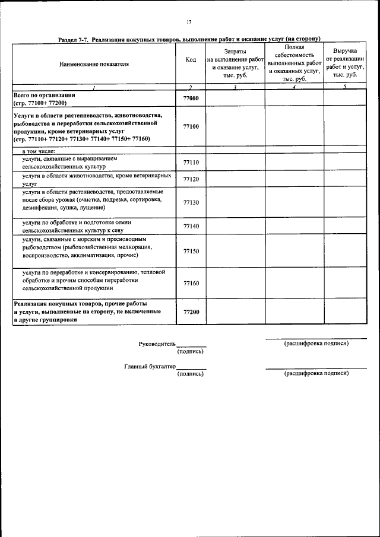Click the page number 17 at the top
pos(189,22)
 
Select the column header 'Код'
pos(191,61)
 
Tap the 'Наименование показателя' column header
pos(94,62)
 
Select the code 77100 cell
pos(191,126)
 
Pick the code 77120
pos(191,179)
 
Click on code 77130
pos(191,202)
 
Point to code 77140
pos(191,226)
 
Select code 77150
pos(191,251)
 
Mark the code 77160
pos(191,283)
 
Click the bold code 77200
pos(191,312)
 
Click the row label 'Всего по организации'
pos(44,95)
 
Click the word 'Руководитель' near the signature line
pos(157,344)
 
